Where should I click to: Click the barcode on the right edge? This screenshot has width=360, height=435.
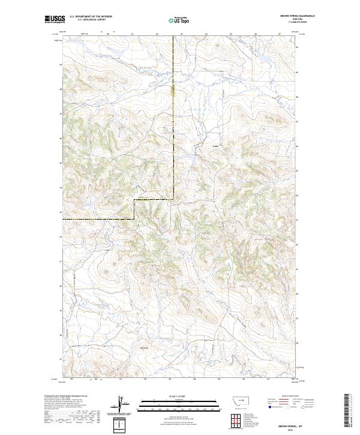click(349, 410)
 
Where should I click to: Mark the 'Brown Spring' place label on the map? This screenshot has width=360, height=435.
click(144, 346)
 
